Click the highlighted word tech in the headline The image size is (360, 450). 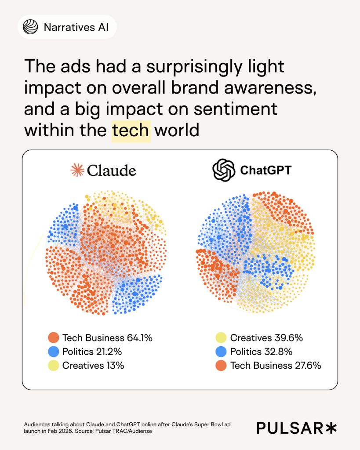tap(131, 131)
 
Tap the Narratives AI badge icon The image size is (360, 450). tap(30, 27)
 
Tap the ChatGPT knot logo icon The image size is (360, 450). tap(224, 170)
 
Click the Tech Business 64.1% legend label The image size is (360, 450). tap(107, 338)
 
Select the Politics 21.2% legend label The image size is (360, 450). tap(92, 352)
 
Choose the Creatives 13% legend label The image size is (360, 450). tap(93, 365)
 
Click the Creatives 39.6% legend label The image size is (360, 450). tap(266, 338)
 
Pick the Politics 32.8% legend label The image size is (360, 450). tap(261, 352)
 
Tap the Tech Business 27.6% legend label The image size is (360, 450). tap(276, 365)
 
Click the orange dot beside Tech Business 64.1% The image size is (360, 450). tap(54, 338)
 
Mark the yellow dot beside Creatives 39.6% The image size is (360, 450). tap(221, 338)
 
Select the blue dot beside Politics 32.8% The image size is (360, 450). tap(221, 352)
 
